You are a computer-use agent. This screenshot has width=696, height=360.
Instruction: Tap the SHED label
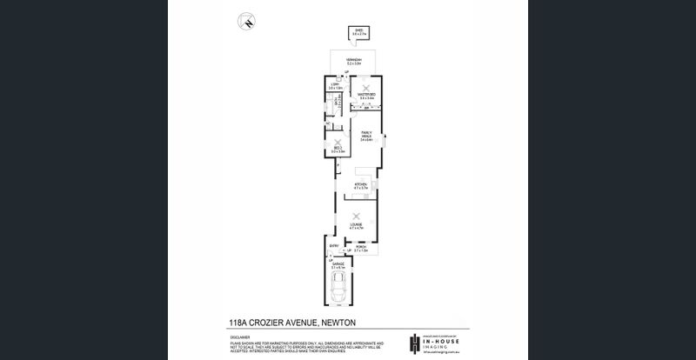click(x=357, y=31)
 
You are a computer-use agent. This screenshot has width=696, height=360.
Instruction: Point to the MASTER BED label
click(x=367, y=94)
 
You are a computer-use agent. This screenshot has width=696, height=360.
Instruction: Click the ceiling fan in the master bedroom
click(x=367, y=87)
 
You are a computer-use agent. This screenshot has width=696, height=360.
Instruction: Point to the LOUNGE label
click(x=355, y=225)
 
